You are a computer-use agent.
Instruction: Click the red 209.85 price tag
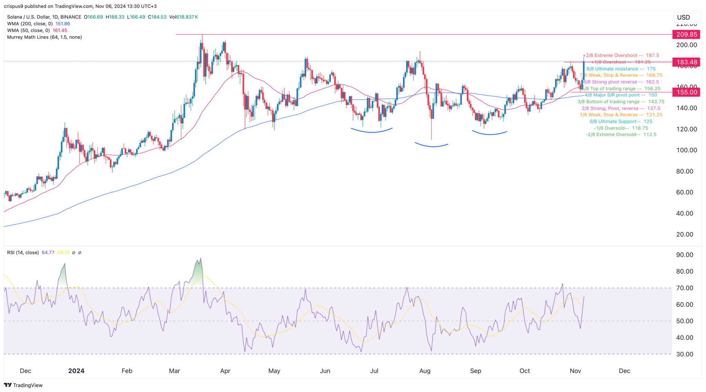[686, 34]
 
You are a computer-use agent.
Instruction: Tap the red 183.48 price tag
[686, 62]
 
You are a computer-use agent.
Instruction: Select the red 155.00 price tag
[686, 92]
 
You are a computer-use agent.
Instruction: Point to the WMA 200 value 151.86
[63, 24]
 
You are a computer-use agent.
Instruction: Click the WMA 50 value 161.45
[60, 30]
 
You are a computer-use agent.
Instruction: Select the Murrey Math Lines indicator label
[44, 37]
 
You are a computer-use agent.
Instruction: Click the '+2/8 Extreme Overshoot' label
[610, 55]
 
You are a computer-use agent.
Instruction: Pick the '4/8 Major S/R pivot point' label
[612, 95]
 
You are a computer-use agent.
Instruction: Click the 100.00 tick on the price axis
[686, 150]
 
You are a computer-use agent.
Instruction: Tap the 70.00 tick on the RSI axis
[684, 288]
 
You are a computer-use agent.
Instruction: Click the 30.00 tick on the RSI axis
[684, 354]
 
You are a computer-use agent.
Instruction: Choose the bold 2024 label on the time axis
[76, 371]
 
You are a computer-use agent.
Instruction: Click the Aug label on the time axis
[425, 371]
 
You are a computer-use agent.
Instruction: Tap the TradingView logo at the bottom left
[23, 385]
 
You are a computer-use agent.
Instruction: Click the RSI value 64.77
[48, 253]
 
